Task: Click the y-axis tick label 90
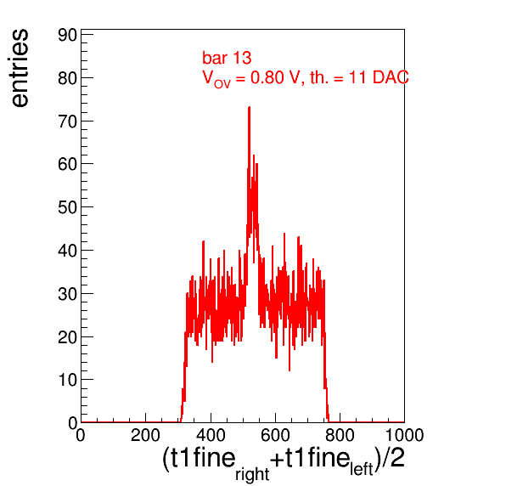[68, 35]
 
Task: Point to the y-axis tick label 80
[68, 78]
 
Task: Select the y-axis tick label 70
[68, 121]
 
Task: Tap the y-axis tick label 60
[68, 164]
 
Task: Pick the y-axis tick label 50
[68, 207]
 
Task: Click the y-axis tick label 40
[68, 251]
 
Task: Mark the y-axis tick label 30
[68, 294]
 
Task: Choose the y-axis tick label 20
[68, 336]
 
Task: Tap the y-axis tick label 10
[68, 380]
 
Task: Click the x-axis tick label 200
[145, 435]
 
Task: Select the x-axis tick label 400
[211, 435]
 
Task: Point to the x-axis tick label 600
[275, 435]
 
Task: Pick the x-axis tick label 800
[340, 435]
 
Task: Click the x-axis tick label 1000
[404, 435]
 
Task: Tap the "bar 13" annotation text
[227, 58]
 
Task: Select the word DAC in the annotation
[391, 77]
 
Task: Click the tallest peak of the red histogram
[249, 108]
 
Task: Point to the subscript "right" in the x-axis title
[252, 475]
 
